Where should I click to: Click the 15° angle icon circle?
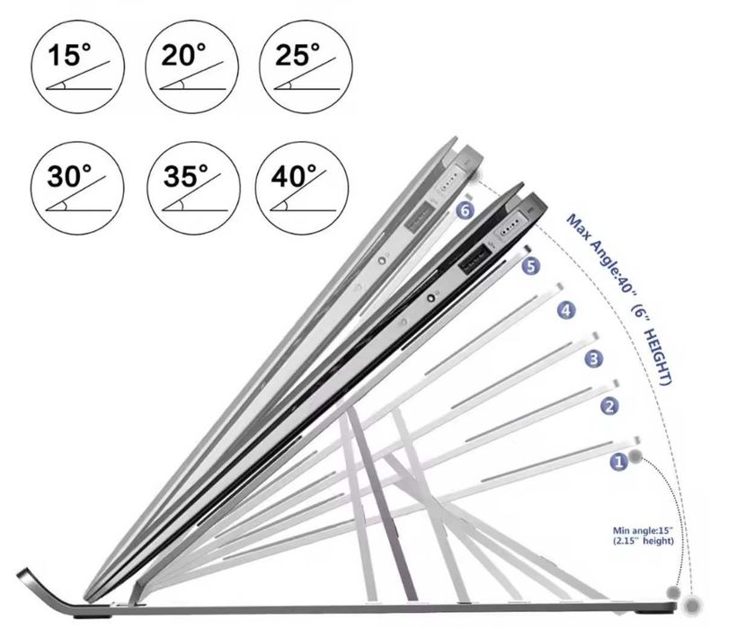78,66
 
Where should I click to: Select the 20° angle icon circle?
191,66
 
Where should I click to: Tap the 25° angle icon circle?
306,66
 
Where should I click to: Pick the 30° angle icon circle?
77,188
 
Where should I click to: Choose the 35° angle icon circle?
193,188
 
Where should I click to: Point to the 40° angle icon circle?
302,188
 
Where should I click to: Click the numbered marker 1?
618,462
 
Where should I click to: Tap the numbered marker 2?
609,406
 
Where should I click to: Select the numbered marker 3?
593,359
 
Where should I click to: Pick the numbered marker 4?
566,311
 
